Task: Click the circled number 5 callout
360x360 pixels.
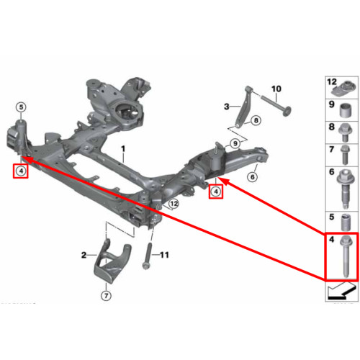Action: click(21, 107)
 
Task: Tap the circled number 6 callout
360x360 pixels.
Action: click(253, 177)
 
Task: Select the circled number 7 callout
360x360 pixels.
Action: click(107, 296)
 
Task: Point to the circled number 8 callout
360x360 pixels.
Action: click(256, 120)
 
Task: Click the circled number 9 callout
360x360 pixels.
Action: click(235, 143)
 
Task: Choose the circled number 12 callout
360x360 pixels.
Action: click(174, 204)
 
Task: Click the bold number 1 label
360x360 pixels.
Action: click(123, 149)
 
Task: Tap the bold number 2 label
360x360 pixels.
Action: click(84, 255)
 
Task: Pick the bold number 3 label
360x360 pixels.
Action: click(227, 107)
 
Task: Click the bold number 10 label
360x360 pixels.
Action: click(276, 89)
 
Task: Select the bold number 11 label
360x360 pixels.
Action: click(164, 255)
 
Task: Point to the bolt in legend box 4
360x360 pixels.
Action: click(346, 256)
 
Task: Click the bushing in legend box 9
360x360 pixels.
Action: click(346, 111)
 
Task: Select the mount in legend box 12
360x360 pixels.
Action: click(343, 88)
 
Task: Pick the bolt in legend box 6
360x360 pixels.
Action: click(345, 189)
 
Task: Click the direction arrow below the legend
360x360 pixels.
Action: click(341, 292)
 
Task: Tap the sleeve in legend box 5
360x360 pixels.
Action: click(346, 222)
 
